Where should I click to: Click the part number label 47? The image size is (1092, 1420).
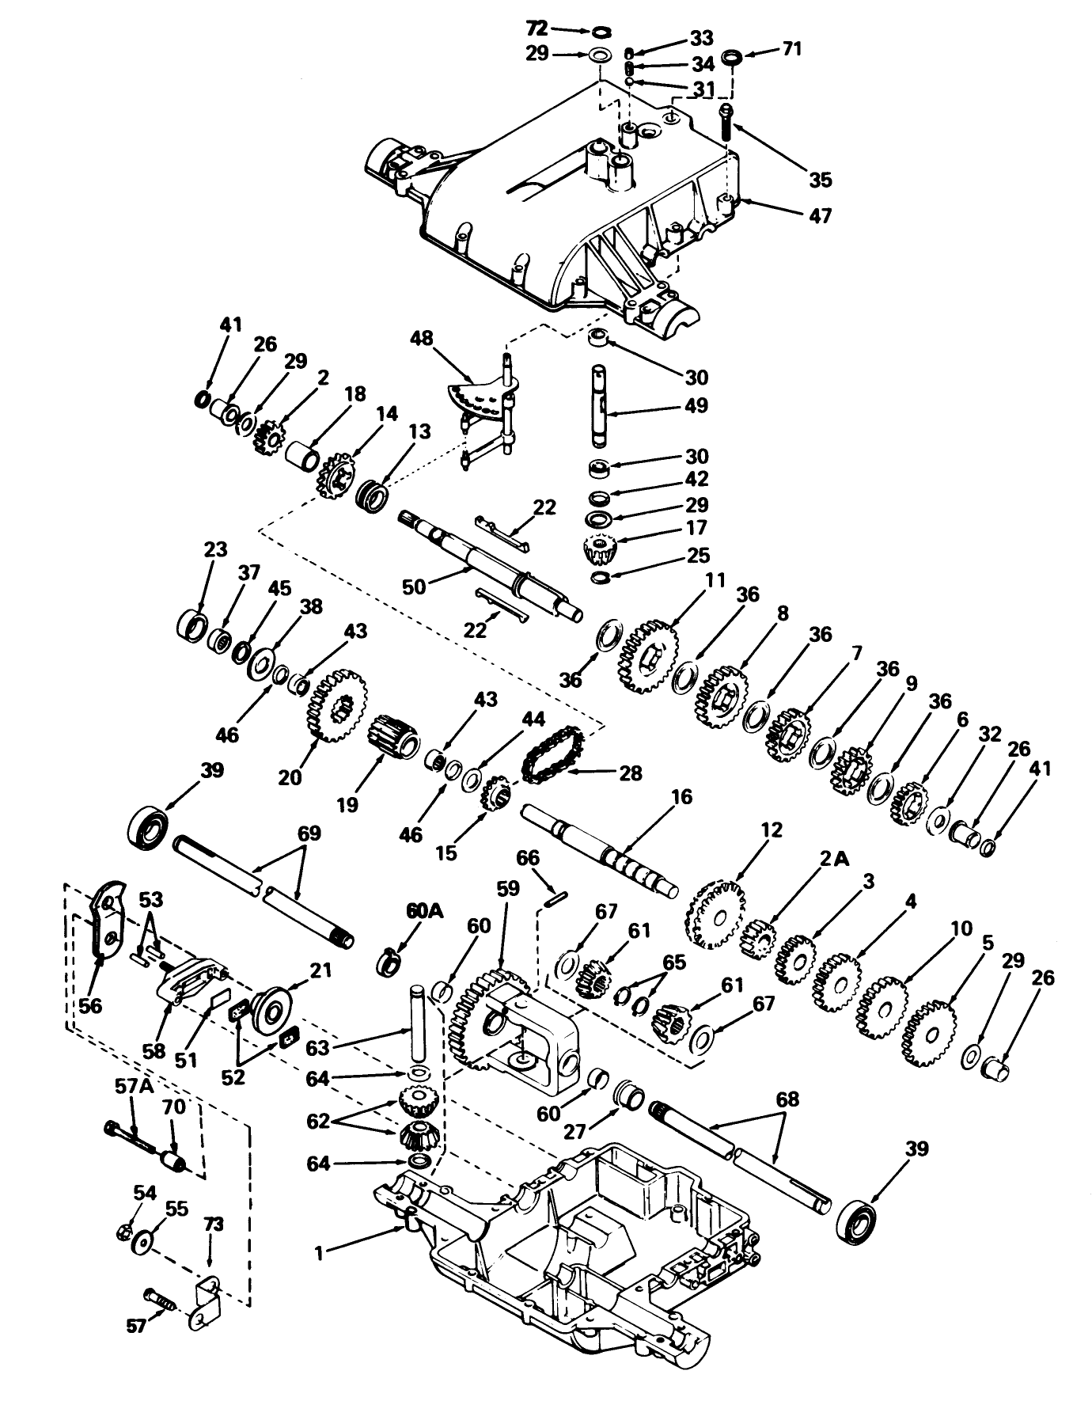coord(821,215)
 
